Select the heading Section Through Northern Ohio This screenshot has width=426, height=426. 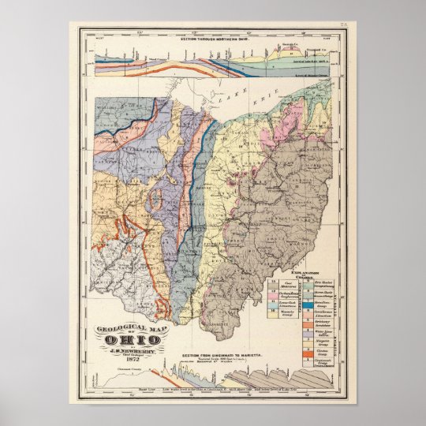[x=213, y=39]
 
